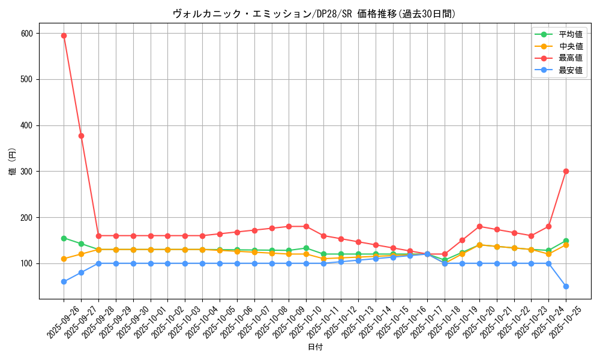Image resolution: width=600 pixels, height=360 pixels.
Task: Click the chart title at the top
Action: tap(314, 14)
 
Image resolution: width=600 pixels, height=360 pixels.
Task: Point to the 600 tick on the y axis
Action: tap(27, 34)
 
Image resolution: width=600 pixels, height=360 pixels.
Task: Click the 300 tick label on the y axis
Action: tap(27, 172)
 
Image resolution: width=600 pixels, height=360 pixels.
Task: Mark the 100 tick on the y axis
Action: tap(27, 263)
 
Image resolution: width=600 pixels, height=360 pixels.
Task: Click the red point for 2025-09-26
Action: tap(64, 35)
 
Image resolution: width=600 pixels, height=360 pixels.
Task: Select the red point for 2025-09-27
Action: tap(81, 136)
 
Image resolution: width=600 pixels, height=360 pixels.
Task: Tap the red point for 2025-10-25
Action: tap(566, 172)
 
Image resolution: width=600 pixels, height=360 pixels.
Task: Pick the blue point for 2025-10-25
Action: tap(566, 286)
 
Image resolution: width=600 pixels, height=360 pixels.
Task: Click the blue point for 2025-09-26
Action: tap(64, 282)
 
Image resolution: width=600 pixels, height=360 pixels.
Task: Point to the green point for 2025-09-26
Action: tap(64, 238)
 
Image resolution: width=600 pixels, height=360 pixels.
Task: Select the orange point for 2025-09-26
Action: tap(64, 259)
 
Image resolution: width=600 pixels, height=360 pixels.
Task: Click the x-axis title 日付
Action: tap(315, 347)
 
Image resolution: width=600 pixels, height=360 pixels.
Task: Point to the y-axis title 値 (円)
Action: tap(13, 162)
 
